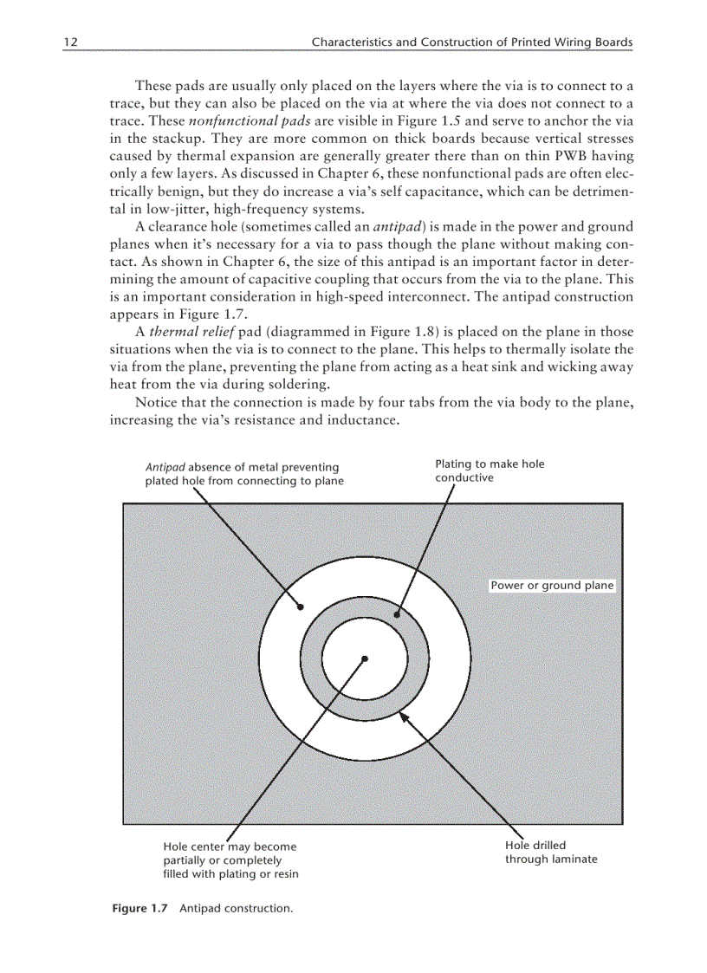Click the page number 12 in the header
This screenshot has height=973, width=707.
point(70,42)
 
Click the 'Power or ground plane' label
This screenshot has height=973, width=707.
point(552,586)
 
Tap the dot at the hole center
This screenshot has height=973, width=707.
point(366,658)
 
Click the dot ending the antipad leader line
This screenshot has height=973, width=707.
point(302,607)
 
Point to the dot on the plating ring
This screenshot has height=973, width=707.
point(397,615)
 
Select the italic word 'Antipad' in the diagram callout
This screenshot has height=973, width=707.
point(165,468)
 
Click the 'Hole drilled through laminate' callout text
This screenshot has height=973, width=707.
point(551,853)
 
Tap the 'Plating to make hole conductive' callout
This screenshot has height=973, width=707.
point(490,470)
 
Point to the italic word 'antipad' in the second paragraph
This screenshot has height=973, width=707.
point(397,227)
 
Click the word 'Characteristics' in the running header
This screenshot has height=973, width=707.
point(352,42)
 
